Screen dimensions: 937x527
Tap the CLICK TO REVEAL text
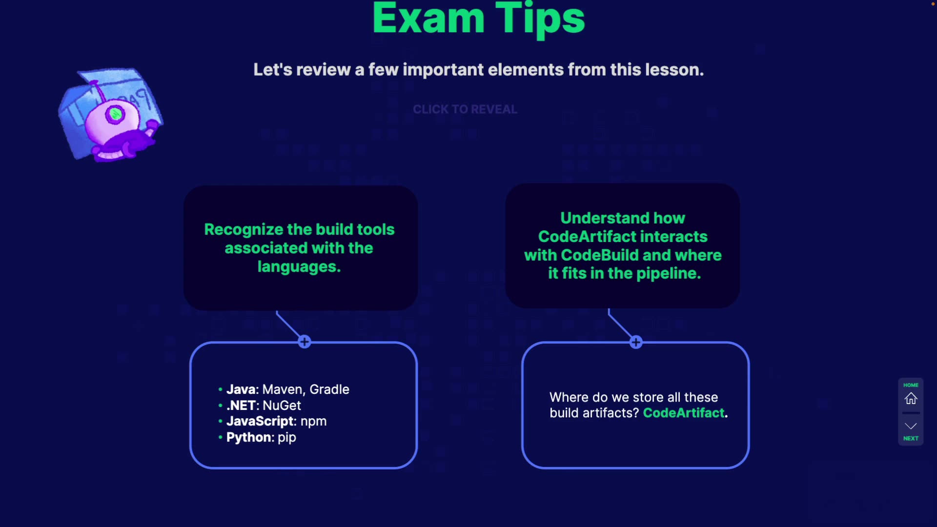pyautogui.click(x=465, y=109)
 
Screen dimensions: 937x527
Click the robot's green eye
pyautogui.click(x=116, y=114)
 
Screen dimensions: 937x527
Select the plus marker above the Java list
pyautogui.click(x=305, y=342)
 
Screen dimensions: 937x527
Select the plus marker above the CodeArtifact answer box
pyautogui.click(x=636, y=342)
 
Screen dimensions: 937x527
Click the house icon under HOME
pyautogui.click(x=911, y=399)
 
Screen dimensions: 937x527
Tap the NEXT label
pyautogui.click(x=911, y=438)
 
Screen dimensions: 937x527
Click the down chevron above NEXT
pyautogui.click(x=911, y=426)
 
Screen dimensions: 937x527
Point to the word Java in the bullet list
pyautogui.click(x=241, y=389)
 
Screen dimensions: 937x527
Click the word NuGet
pyautogui.click(x=282, y=405)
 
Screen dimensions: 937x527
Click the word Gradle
pyautogui.click(x=329, y=389)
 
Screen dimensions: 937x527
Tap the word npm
pyautogui.click(x=313, y=421)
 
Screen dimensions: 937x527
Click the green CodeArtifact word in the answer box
pyautogui.click(x=683, y=413)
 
